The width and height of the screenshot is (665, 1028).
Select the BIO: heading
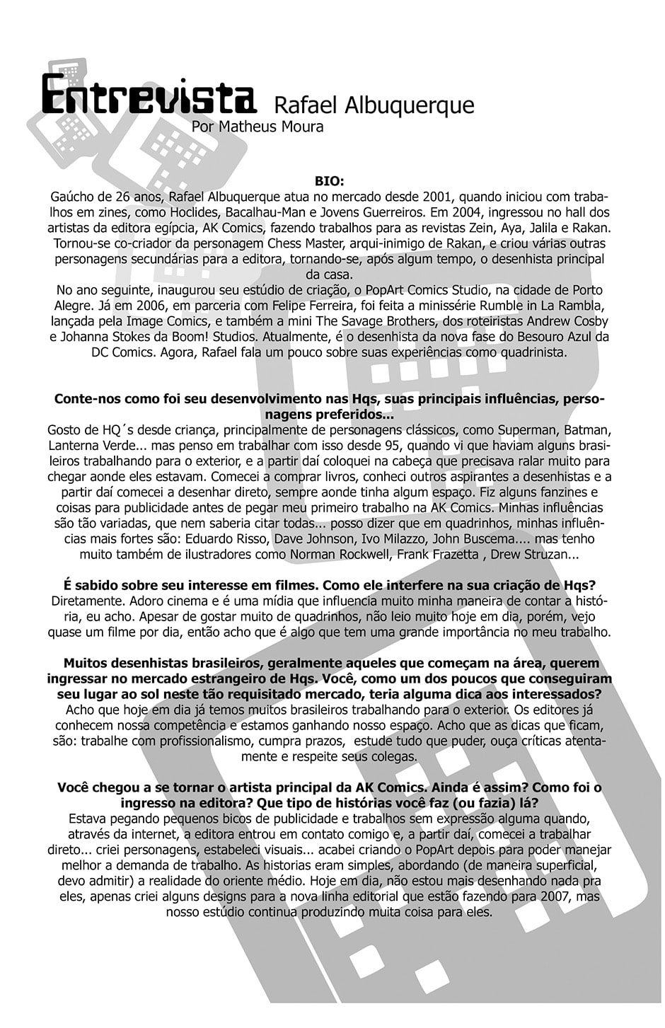coord(329,182)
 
